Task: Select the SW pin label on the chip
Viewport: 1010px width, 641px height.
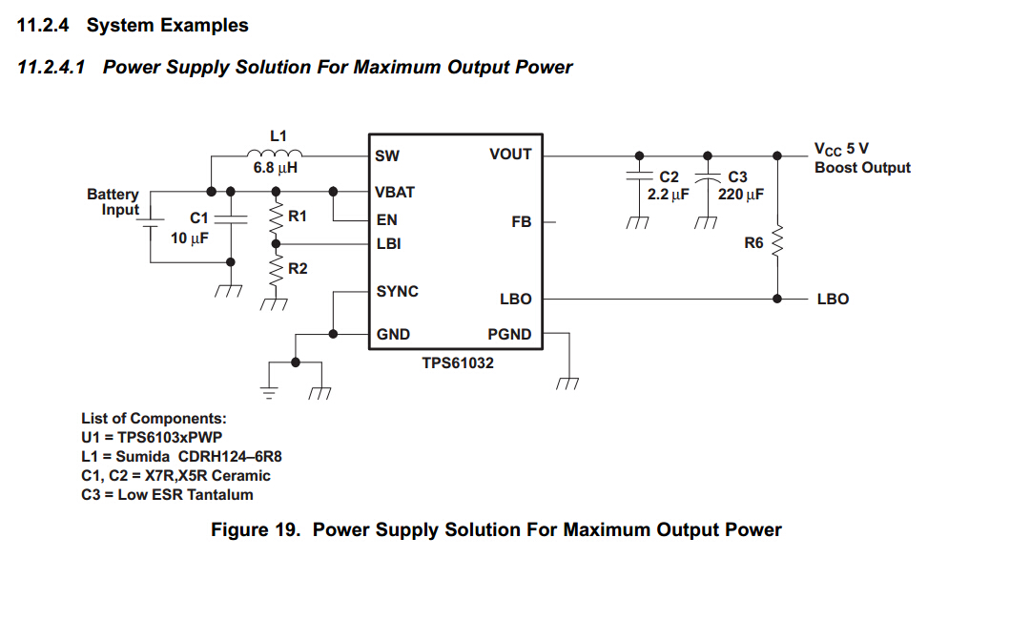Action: (387, 155)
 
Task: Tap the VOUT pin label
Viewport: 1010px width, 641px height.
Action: (510, 155)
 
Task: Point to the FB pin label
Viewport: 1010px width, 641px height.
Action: (522, 222)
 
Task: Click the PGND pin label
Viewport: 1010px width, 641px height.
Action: (509, 335)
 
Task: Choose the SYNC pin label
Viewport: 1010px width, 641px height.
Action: (397, 291)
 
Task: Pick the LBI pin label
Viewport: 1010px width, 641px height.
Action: (388, 244)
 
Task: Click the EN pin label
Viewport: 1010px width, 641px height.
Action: (386, 220)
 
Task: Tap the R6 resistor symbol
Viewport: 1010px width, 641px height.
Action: (778, 242)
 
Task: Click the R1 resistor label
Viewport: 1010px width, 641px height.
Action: (298, 217)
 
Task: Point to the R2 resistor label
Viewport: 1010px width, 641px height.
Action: (298, 269)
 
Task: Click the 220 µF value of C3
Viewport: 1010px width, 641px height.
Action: (741, 195)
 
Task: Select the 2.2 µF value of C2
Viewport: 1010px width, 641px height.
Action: (668, 195)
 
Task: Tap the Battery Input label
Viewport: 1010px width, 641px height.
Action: (113, 202)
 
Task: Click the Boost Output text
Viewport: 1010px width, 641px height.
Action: (862, 168)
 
